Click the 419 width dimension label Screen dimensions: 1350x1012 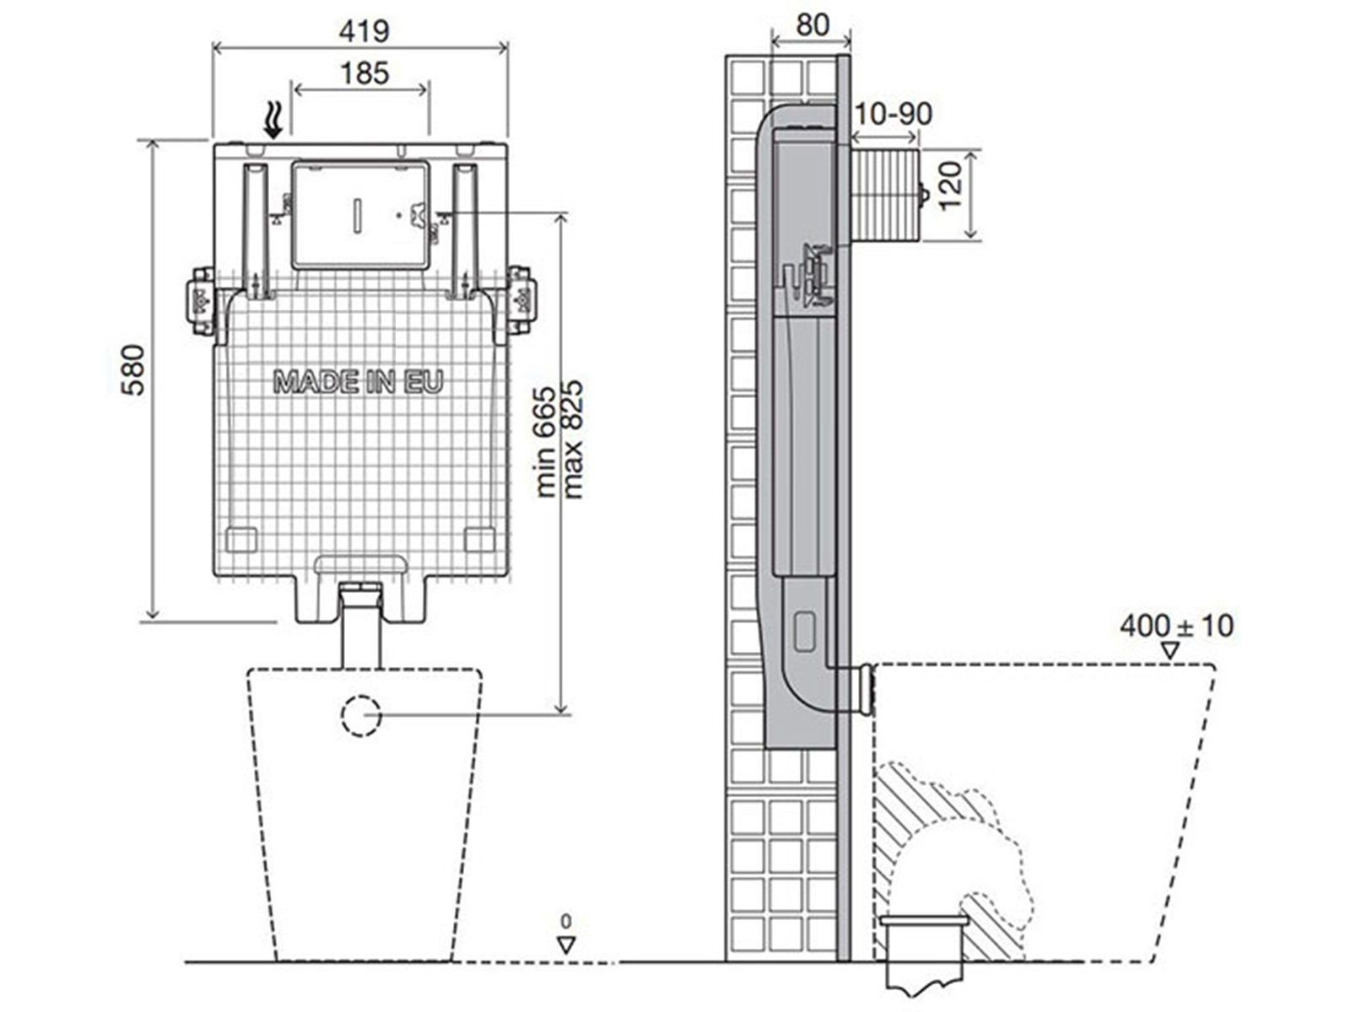[x=364, y=30]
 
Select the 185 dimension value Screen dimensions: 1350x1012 [x=364, y=73]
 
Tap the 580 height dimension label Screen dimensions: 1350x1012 [x=132, y=370]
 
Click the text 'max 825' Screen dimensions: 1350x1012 [x=572, y=439]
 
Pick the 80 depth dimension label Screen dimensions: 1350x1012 [x=813, y=25]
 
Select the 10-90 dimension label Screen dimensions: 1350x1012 [x=893, y=114]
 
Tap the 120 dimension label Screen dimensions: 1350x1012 [x=950, y=186]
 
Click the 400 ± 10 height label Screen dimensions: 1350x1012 [x=1176, y=626]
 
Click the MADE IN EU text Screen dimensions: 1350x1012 [x=358, y=381]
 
